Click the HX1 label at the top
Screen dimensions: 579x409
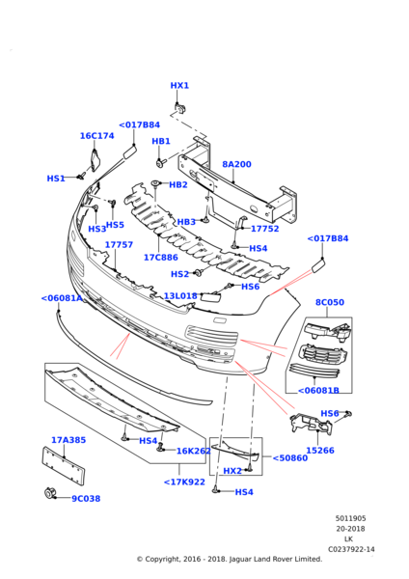click(x=179, y=86)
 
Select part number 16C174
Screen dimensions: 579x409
click(x=96, y=136)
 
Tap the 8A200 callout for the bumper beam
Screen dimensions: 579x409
click(x=236, y=165)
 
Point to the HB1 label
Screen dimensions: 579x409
click(x=161, y=142)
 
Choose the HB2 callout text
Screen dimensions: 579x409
click(x=178, y=185)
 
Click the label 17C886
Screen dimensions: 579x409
click(x=160, y=258)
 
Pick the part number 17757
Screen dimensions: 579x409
click(x=119, y=245)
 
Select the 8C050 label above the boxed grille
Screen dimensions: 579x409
click(x=329, y=303)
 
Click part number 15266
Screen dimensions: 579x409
click(x=319, y=451)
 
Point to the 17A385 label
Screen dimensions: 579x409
click(x=68, y=440)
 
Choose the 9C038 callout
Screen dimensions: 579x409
click(x=85, y=499)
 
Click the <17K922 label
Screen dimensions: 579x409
click(x=183, y=482)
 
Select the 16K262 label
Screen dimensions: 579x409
click(x=193, y=451)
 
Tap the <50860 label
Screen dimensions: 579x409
click(x=289, y=458)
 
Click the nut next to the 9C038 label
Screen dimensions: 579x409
click(x=49, y=495)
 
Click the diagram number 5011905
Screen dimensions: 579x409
click(x=351, y=518)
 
